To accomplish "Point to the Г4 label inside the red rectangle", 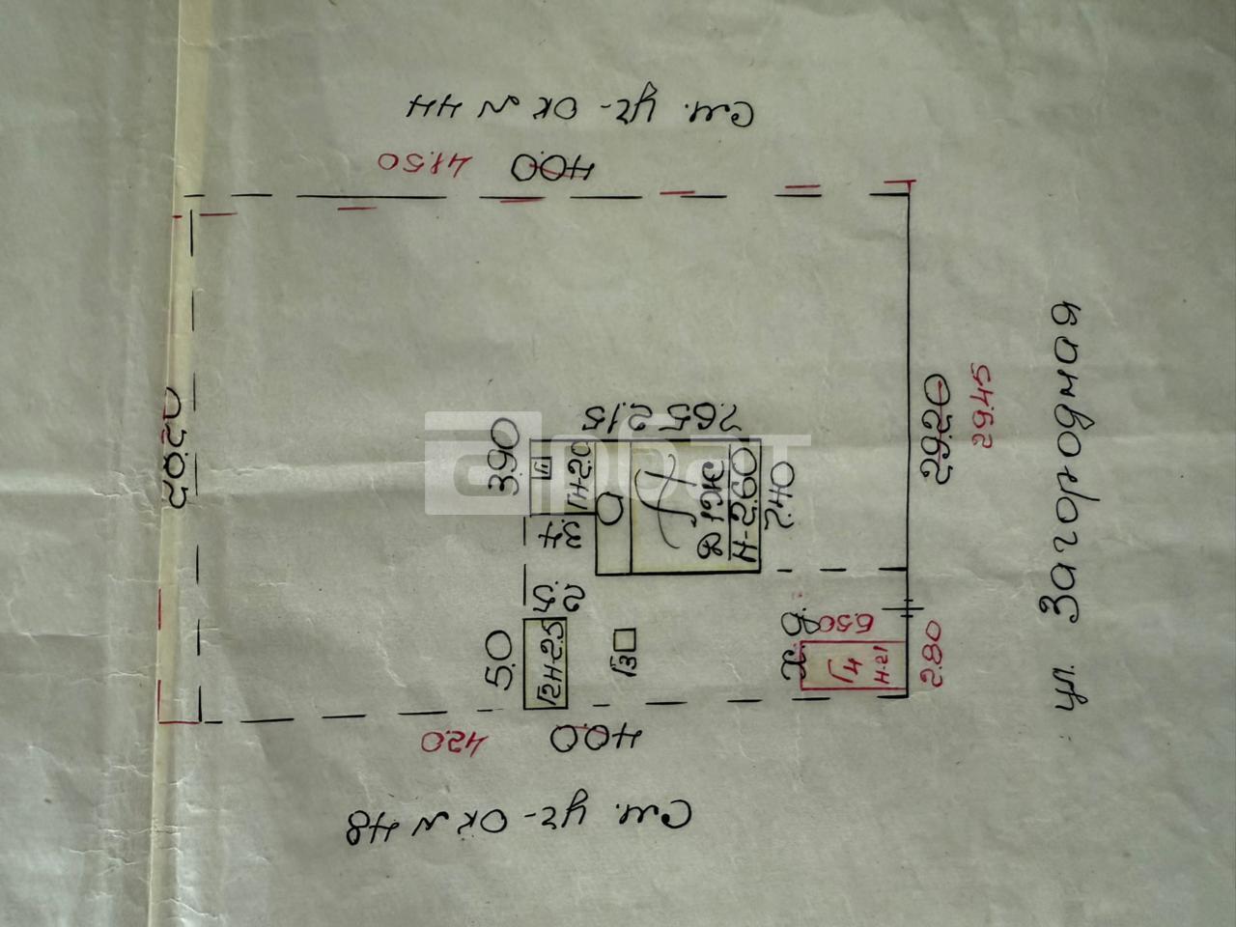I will point(850,666).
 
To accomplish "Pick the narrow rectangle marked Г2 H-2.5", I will point(545,663).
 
